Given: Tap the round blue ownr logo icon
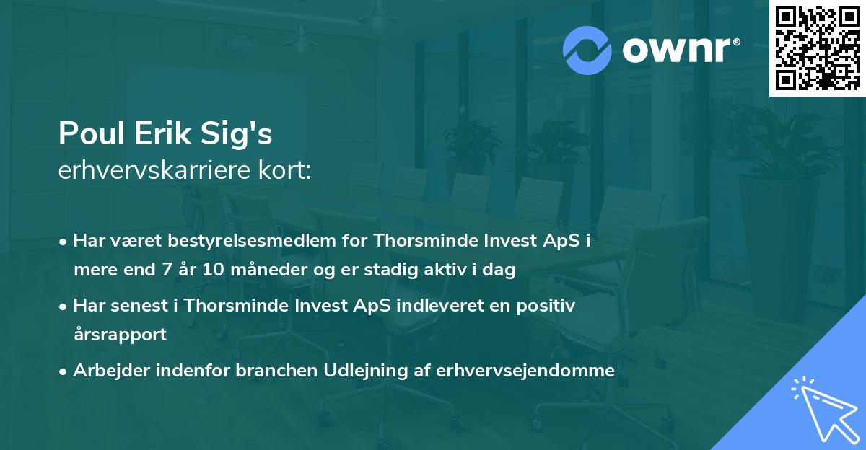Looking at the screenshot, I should [587, 50].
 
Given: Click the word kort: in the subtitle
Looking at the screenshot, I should [286, 171].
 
